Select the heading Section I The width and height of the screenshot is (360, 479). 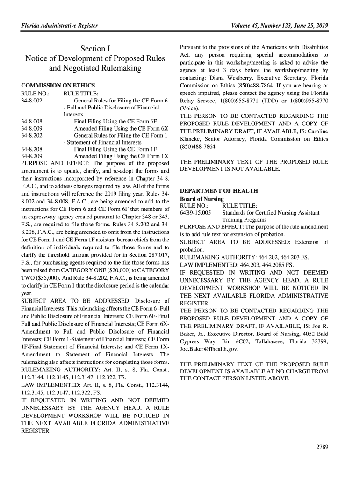(x=95, y=49)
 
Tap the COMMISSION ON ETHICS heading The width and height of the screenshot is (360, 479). (x=58, y=86)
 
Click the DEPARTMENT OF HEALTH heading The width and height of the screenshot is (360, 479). (x=219, y=191)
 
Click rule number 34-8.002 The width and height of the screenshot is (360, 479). (x=32, y=100)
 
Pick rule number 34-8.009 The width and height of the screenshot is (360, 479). (x=32, y=128)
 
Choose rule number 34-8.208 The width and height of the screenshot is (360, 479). (x=32, y=149)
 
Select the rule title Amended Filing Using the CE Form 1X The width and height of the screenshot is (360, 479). (x=121, y=156)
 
